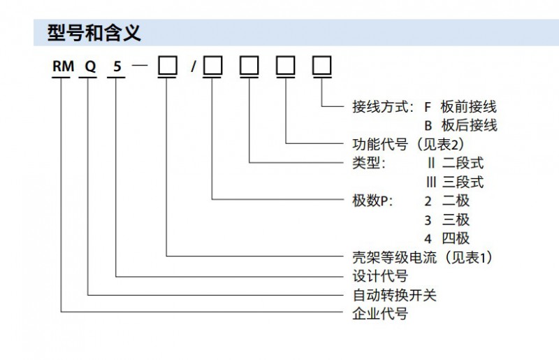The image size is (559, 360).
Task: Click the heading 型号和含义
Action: tap(94, 32)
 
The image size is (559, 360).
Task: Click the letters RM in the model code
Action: tap(61, 68)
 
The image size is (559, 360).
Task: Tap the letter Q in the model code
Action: tap(89, 68)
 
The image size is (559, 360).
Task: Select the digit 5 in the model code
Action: tap(116, 68)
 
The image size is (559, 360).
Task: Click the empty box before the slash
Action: tap(167, 67)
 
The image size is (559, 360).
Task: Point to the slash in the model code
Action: tap(193, 68)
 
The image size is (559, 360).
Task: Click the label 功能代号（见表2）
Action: tap(406, 145)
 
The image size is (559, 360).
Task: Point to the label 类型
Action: tap(367, 164)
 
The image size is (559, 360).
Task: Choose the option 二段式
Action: tap(463, 164)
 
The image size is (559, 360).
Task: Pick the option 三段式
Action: tap(463, 182)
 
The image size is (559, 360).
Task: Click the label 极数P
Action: tap(371, 201)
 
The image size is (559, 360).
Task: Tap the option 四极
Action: tap(456, 238)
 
